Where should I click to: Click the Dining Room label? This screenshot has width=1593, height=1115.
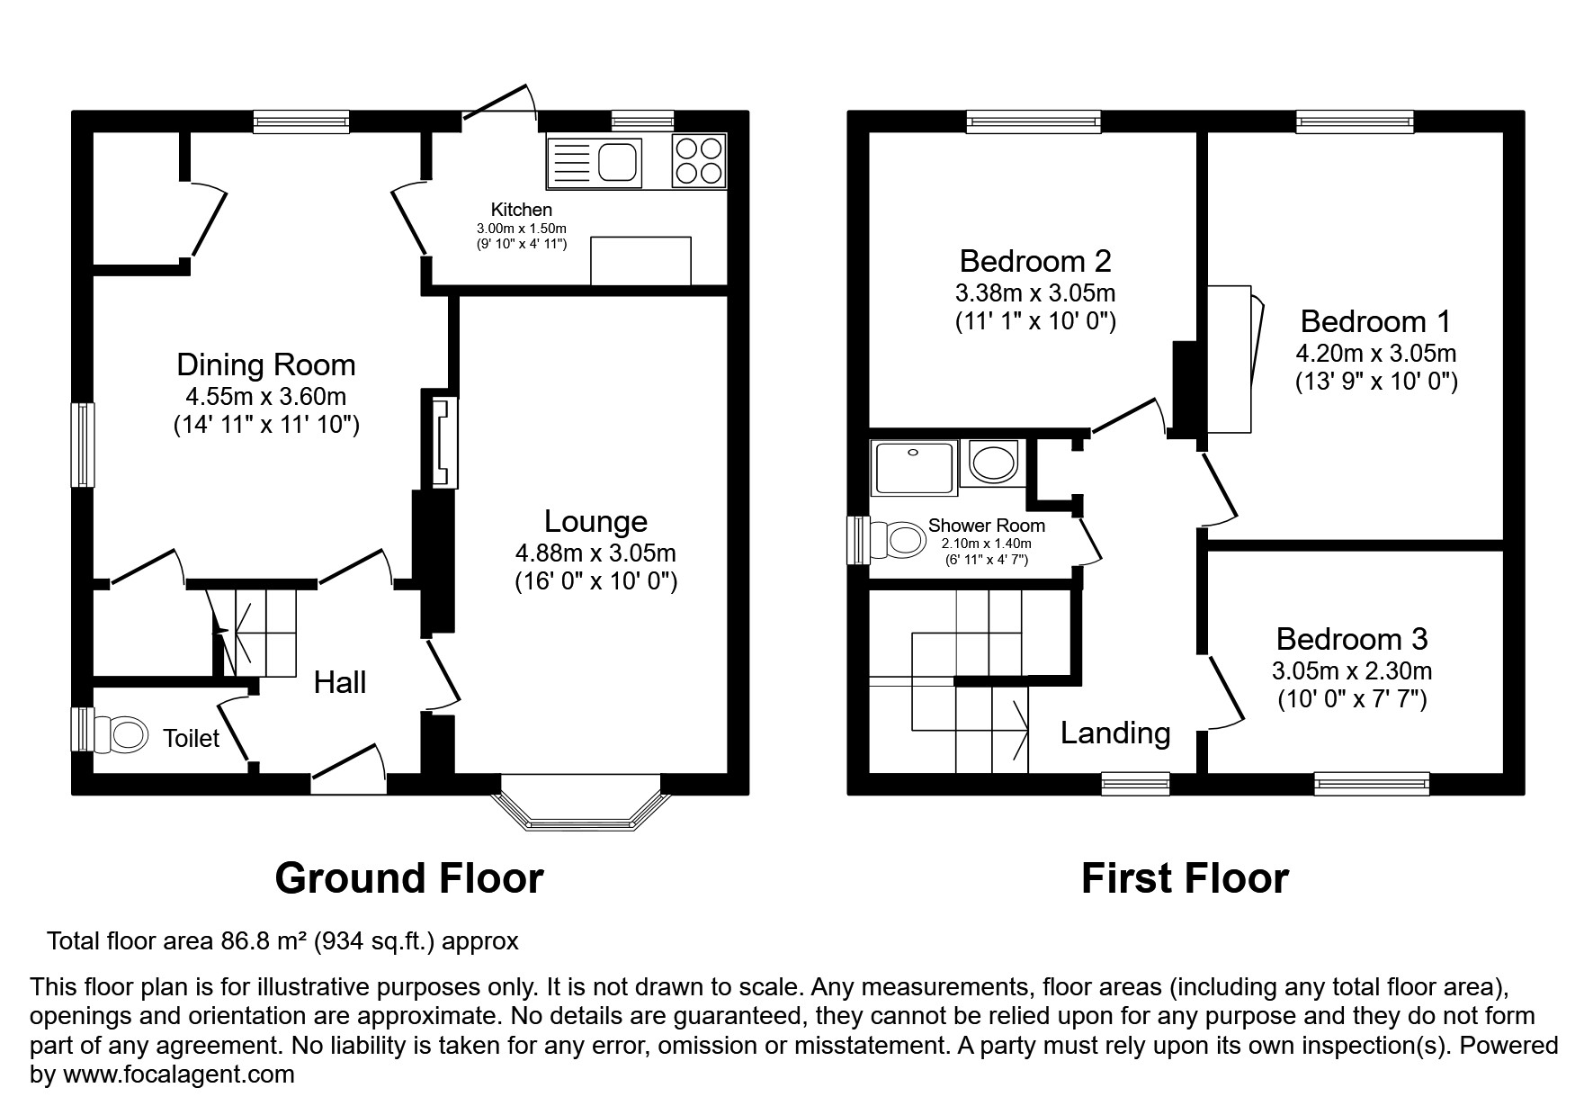tap(266, 364)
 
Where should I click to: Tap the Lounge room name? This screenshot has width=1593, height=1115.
tap(595, 521)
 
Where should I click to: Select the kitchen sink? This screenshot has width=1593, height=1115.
tap(594, 164)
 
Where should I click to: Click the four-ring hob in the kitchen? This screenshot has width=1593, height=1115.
tap(698, 160)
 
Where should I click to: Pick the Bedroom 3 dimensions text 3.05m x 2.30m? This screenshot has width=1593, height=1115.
tap(1352, 670)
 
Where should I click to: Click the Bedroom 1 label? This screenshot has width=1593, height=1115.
tap(1376, 321)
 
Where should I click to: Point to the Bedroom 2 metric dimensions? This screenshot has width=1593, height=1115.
tap(1035, 292)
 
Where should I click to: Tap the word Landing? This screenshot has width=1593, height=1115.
tap(1115, 733)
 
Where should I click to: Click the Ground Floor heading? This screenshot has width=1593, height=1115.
tap(409, 877)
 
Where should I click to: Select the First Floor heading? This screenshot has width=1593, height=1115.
tap(1185, 877)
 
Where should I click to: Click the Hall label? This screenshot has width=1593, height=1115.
tap(340, 682)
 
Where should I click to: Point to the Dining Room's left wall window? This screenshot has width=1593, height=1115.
tap(84, 445)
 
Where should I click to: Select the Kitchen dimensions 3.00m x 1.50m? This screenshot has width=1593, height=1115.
tap(522, 229)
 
